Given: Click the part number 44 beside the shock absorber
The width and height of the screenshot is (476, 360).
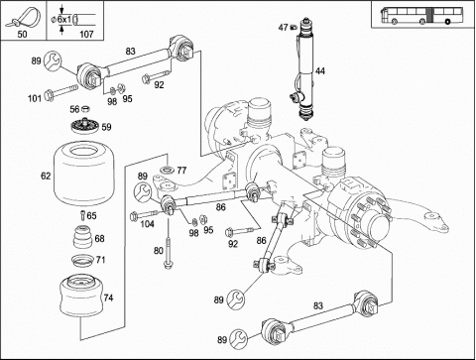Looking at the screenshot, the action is tap(320, 71).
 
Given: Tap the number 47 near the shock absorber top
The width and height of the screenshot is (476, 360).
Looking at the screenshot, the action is tap(283, 28).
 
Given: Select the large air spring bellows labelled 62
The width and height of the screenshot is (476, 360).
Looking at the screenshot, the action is tap(84, 174).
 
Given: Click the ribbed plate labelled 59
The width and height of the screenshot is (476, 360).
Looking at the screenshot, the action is tap(85, 126).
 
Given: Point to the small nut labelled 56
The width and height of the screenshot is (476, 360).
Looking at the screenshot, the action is tap(86, 108).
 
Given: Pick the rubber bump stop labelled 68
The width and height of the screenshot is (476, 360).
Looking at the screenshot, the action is tap(82, 236).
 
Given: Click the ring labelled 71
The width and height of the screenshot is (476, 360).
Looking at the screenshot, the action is tap(82, 260).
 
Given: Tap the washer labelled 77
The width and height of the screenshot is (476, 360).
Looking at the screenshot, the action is tap(168, 171).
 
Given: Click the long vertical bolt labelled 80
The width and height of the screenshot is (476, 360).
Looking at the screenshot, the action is tap(168, 247).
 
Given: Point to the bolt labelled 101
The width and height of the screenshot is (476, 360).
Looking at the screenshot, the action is tap(60, 92).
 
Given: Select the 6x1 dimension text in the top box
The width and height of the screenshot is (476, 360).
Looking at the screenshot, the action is tap(63, 20).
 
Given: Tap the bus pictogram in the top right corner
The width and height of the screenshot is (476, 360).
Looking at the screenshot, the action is tap(421, 16).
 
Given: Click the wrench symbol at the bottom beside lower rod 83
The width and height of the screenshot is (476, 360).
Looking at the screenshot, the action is tap(239, 338).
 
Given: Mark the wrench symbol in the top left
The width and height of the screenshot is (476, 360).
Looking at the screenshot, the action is tap(53, 60).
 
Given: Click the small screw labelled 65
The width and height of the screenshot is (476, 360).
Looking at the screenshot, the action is tap(82, 215).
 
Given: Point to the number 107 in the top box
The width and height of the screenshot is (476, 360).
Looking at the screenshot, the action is tap(86, 34).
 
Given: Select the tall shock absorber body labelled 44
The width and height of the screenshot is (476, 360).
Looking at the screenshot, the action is tap(305, 70).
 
